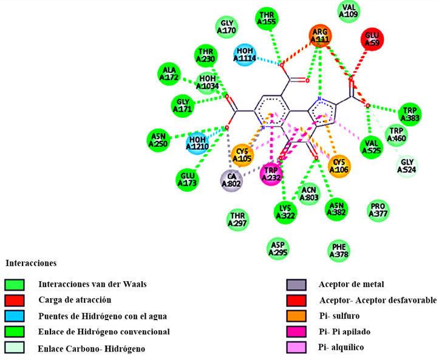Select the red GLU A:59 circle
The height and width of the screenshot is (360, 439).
tap(372, 39)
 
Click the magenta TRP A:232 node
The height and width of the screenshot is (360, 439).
tap(271, 175)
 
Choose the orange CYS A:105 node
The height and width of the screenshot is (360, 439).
tap(242, 155)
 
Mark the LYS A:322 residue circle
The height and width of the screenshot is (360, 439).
tap(287, 211)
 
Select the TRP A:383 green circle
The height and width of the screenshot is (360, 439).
tap(410, 114)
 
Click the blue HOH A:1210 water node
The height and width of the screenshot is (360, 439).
tap(198, 143)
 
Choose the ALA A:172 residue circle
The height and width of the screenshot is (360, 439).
tap(168, 73)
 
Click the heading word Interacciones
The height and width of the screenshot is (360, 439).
tap(31, 263)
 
